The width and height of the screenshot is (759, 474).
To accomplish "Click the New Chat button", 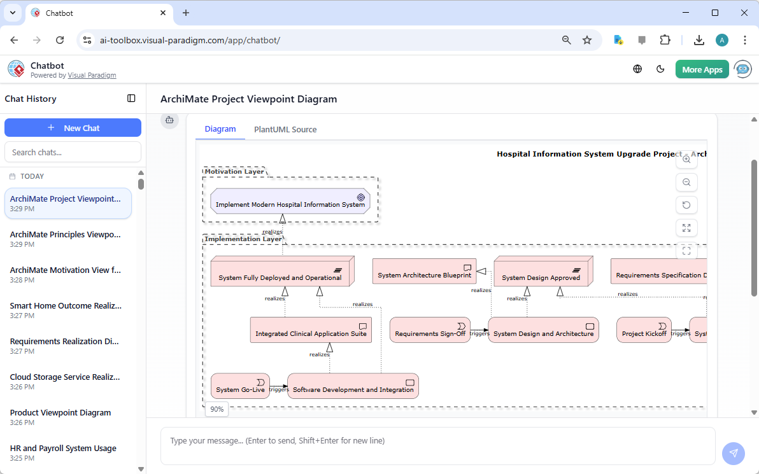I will pyautogui.click(x=73, y=128).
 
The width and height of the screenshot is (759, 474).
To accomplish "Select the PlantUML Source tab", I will pyautogui.click(x=285, y=129).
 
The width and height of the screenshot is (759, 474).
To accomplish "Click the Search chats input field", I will pyautogui.click(x=73, y=152).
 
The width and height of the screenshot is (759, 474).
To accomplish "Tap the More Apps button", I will pyautogui.click(x=702, y=69).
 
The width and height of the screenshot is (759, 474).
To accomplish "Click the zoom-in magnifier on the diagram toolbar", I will pyautogui.click(x=686, y=160).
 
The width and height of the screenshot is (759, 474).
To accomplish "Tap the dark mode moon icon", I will pyautogui.click(x=660, y=69).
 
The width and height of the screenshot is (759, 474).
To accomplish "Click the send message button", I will pyautogui.click(x=734, y=453).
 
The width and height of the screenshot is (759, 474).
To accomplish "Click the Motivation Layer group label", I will pyautogui.click(x=234, y=171).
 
